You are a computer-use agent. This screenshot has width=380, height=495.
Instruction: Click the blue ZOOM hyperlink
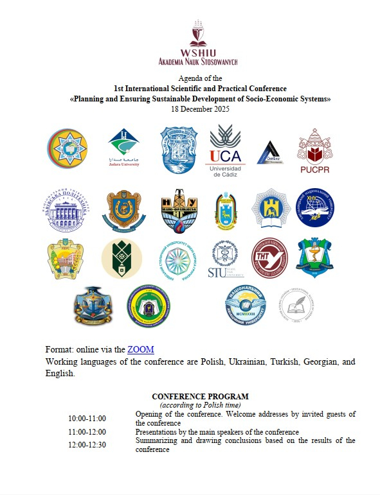pos(141,349)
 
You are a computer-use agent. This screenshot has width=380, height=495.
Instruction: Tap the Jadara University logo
pos(124,147)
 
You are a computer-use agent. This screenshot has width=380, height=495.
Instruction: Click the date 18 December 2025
pos(199,109)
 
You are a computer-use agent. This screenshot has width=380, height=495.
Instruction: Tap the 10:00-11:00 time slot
pos(87,419)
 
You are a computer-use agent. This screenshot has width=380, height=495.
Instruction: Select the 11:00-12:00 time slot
pos(87,432)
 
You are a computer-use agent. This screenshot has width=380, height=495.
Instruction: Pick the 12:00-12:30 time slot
pos(87,444)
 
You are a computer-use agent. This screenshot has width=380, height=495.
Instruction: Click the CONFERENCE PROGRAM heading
pos(200,397)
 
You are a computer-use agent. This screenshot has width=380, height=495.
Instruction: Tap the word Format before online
pos(59,349)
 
